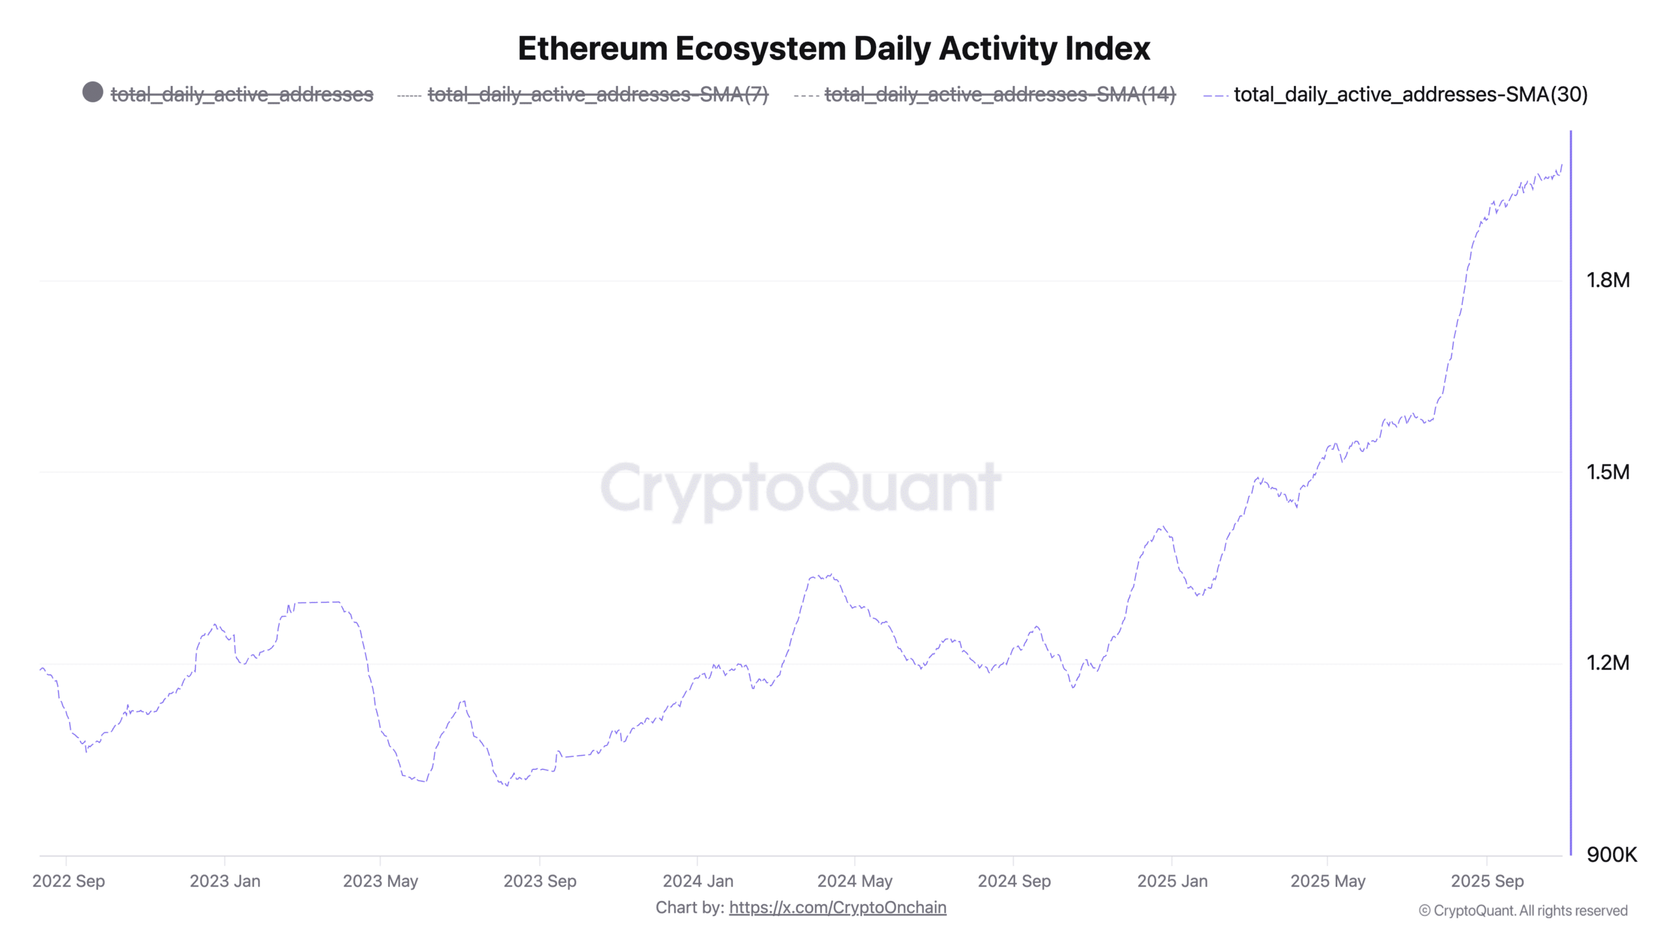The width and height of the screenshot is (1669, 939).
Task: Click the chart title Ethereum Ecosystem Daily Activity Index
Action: (834, 49)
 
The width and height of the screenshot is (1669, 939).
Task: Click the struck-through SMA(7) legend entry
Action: (597, 95)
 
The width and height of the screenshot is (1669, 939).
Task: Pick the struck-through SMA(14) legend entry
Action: (999, 95)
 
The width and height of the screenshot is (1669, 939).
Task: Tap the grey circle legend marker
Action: (93, 92)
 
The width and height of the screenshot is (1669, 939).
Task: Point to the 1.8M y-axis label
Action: (1607, 280)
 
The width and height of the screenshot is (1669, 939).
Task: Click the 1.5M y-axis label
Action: (1607, 472)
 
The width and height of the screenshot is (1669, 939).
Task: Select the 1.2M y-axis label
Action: (1607, 663)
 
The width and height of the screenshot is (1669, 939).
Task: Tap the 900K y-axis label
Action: (1611, 854)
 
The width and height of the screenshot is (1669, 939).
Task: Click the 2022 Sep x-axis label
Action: (68, 881)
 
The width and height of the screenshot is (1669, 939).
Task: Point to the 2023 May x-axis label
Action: (380, 881)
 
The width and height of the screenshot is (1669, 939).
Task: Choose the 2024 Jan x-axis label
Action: (698, 881)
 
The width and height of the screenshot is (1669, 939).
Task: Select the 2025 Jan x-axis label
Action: (1172, 881)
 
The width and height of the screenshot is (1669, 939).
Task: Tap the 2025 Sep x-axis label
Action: (1486, 881)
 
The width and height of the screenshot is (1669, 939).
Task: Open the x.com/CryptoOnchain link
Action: (837, 908)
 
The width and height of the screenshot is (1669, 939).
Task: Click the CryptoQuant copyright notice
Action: (1523, 911)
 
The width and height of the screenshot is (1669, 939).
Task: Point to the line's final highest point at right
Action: (1562, 166)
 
